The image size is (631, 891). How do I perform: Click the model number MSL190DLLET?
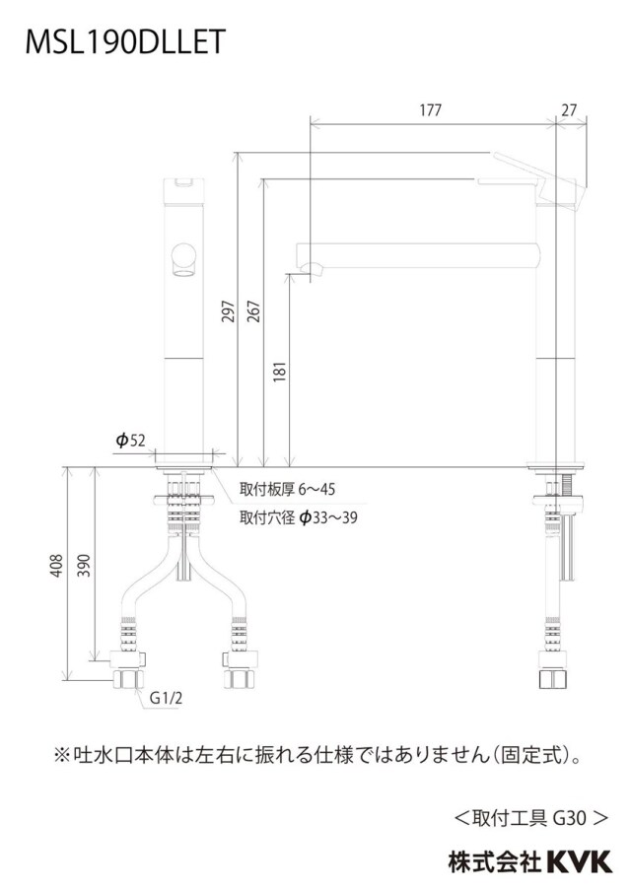point(125,42)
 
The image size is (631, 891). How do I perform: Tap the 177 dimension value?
point(430,110)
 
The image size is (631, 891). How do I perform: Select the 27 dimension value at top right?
point(569,110)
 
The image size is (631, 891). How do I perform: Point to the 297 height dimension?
point(228,311)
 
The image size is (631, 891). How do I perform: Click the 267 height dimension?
point(253,311)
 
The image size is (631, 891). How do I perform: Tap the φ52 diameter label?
point(131,441)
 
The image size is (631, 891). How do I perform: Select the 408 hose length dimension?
point(56,566)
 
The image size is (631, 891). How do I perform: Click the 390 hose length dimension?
point(84,566)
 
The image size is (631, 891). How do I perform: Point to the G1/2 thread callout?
point(166,698)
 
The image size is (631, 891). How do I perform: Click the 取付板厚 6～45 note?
point(287,489)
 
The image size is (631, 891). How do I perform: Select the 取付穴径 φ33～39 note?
point(299,517)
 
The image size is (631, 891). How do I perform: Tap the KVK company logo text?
point(580,861)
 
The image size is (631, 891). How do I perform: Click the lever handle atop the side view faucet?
point(534,173)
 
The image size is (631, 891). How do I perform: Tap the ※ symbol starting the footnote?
point(62,755)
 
